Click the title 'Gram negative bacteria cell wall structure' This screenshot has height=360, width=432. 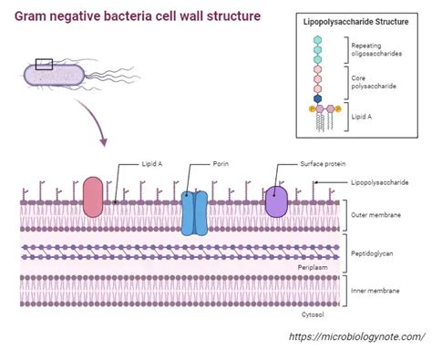pyautogui.click(x=137, y=16)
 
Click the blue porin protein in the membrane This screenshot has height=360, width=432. pyautogui.click(x=195, y=213)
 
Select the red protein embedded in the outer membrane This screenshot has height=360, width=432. pyautogui.click(x=93, y=197)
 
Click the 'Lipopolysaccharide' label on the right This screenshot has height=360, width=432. pyautogui.click(x=380, y=182)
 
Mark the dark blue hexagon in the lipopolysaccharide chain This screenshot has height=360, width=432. pyautogui.click(x=317, y=98)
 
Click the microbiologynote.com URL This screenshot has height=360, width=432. pyautogui.click(x=355, y=337)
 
